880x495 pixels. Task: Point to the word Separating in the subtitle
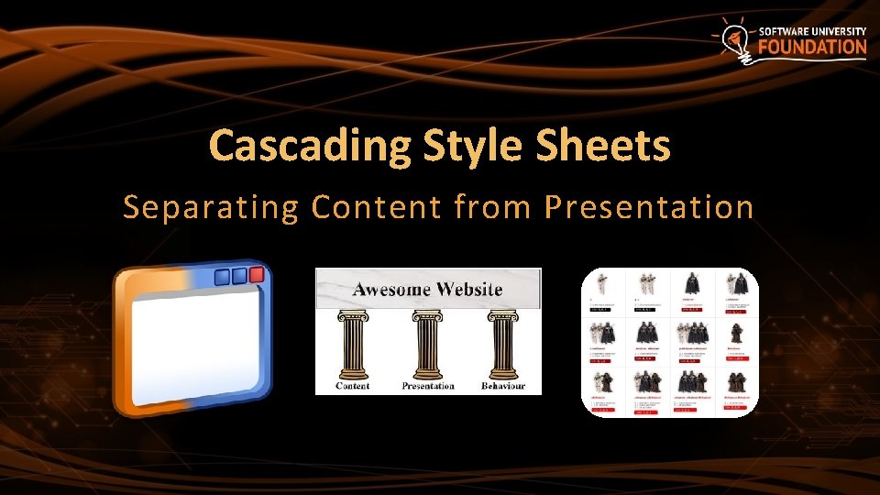point(211,208)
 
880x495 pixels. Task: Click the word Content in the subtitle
point(376,208)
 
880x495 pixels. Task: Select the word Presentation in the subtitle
point(648,208)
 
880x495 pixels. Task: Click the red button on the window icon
point(257,274)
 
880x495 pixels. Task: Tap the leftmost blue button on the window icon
point(220,277)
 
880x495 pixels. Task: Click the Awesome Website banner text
point(428,290)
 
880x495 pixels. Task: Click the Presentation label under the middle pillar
point(428,386)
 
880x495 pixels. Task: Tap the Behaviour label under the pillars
point(503,386)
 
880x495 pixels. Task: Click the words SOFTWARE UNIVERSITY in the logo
point(812,31)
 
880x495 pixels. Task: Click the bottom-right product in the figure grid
point(739,390)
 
